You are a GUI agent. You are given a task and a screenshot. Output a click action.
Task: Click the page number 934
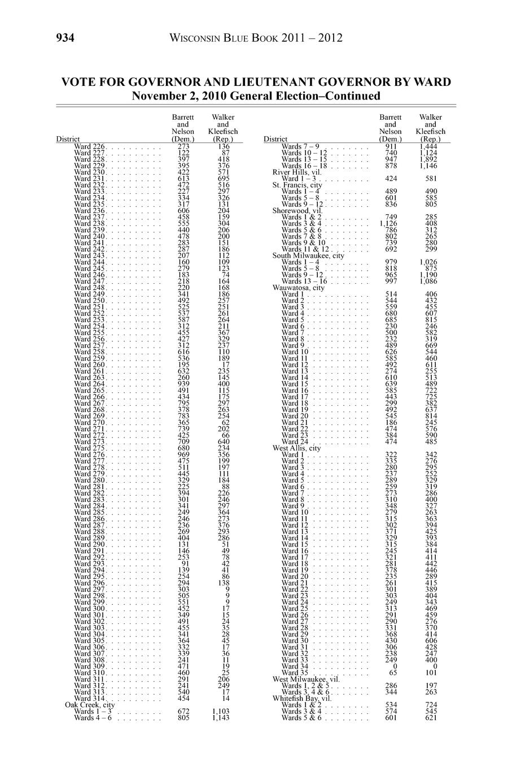[x=65, y=38]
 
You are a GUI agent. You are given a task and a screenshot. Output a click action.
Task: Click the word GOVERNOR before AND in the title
[x=164, y=82]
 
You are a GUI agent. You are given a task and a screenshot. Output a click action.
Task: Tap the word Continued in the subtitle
[x=352, y=96]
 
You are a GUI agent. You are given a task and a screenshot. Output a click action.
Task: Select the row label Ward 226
[x=89, y=146]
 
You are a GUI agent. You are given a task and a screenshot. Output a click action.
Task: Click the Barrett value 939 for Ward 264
[x=183, y=384]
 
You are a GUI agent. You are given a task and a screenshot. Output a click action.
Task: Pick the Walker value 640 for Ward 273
[x=224, y=441]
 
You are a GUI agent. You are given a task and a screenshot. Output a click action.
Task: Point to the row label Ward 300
[x=89, y=608]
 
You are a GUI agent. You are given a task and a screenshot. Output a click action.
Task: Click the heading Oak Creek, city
[x=90, y=704]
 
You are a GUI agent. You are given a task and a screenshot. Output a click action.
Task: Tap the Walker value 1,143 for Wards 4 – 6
[x=221, y=718]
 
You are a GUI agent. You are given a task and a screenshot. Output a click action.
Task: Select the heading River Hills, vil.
[x=297, y=172]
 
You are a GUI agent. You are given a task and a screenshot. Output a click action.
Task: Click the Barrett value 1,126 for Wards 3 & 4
[x=388, y=223]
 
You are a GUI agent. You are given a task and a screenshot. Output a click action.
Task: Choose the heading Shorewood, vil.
[x=297, y=210]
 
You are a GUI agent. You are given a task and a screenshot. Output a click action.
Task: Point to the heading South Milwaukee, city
[x=308, y=255]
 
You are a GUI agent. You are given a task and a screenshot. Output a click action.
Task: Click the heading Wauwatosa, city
[x=299, y=288]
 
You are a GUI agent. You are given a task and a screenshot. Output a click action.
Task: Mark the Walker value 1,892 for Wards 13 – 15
[x=428, y=159]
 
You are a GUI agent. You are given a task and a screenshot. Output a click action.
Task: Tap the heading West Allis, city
[x=296, y=448]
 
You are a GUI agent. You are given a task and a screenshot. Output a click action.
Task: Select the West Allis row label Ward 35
[x=295, y=673]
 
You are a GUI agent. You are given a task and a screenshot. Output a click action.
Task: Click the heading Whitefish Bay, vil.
[x=302, y=698]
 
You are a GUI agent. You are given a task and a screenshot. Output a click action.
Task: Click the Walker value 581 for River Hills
[x=431, y=178]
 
